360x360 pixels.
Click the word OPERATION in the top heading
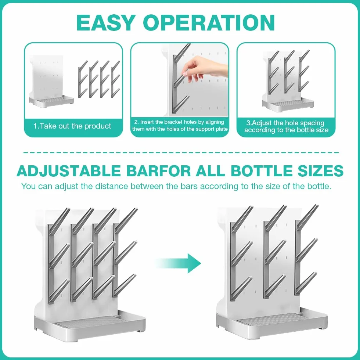pyautogui.click(x=209, y=22)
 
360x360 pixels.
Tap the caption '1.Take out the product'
pyautogui.click(x=72, y=126)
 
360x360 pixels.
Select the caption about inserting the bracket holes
pyautogui.click(x=180, y=125)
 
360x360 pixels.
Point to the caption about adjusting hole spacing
pyautogui.click(x=286, y=126)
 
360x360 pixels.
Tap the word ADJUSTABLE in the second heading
pyautogui.click(x=69, y=171)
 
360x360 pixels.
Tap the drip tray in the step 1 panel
pyautogui.click(x=51, y=102)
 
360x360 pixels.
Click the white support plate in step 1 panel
pyautogui.click(x=47, y=77)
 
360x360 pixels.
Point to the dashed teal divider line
pyautogui.click(x=181, y=152)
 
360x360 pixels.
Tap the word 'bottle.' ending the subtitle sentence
pyautogui.click(x=319, y=186)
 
